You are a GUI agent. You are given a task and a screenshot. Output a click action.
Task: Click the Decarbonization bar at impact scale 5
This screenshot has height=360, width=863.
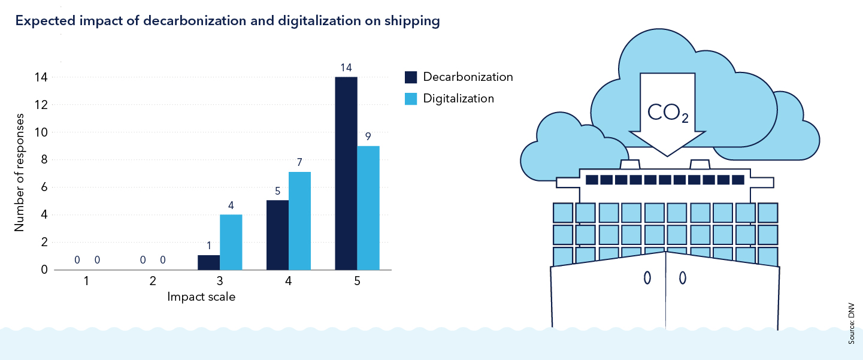[346, 174]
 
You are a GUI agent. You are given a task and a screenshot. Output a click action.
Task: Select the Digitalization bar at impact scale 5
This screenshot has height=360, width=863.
[368, 208]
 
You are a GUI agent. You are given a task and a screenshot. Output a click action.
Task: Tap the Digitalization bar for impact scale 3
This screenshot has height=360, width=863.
[231, 242]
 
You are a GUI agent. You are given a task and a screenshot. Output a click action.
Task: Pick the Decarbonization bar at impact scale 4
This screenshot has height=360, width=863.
[277, 235]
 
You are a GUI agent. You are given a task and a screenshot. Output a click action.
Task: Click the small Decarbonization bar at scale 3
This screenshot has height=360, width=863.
[208, 262]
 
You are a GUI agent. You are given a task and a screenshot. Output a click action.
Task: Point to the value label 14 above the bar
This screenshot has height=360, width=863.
[346, 67]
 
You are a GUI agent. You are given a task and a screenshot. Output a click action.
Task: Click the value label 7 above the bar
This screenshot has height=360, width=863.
[299, 162]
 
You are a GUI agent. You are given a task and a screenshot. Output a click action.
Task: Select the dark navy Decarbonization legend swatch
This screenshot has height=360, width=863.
[410, 77]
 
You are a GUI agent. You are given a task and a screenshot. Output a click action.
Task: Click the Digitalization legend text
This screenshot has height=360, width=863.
[458, 98]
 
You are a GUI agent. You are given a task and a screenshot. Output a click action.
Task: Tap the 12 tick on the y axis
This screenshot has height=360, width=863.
[43, 105]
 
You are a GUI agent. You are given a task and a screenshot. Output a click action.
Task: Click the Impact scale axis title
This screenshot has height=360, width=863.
[201, 297]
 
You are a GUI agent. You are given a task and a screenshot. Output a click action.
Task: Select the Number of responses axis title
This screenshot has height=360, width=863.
[19, 173]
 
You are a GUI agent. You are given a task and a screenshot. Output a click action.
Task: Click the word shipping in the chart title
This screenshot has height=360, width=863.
[414, 22]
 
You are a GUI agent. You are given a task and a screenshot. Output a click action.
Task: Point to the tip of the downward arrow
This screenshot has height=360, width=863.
[667, 155]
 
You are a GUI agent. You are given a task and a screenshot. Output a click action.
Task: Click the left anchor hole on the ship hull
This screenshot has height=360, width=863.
[647, 278]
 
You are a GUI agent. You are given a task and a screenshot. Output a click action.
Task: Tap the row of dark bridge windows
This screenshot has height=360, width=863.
[665, 179]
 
